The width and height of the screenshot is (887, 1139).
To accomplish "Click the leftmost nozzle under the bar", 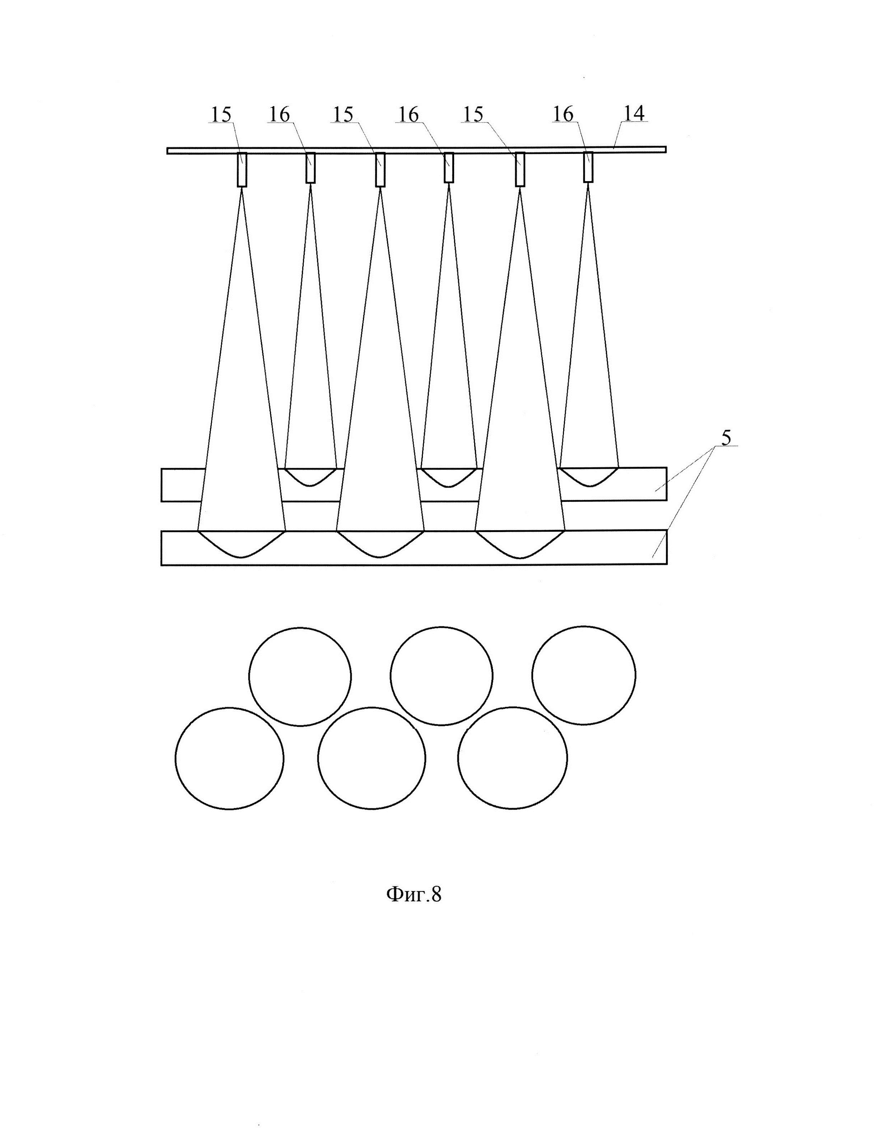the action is tap(242, 169).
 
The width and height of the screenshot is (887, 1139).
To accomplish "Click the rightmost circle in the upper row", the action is tap(583, 676).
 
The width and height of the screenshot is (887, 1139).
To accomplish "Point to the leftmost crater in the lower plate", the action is tap(242, 543).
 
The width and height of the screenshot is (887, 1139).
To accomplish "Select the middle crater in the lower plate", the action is tap(380, 543).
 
